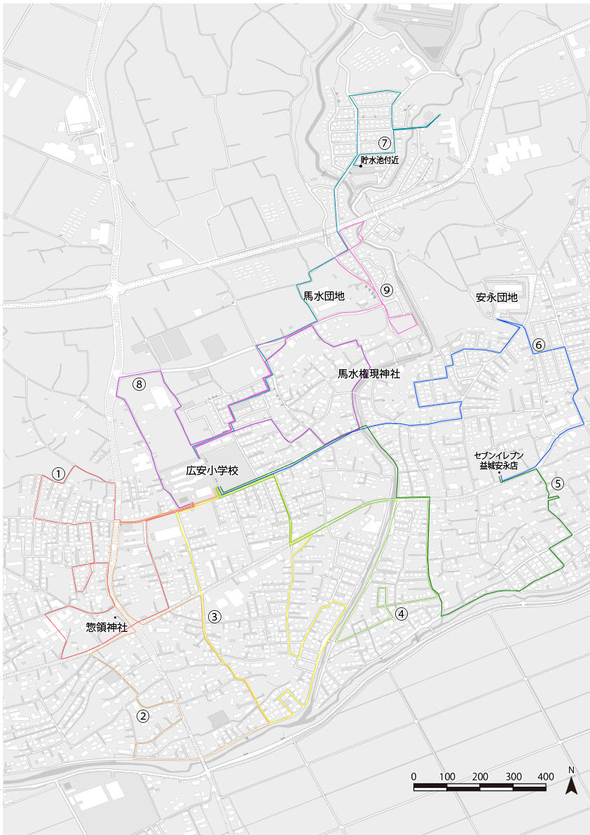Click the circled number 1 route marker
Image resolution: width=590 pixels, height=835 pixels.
(59, 474)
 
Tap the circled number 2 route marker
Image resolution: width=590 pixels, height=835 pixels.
(143, 716)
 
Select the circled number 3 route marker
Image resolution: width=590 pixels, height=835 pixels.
(214, 617)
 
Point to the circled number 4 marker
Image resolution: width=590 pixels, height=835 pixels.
(401, 614)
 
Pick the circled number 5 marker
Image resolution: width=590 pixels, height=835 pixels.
(557, 483)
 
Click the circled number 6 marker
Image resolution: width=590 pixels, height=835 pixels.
(538, 345)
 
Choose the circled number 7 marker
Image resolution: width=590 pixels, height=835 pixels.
(384, 142)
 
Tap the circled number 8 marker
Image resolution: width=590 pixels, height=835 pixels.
(139, 384)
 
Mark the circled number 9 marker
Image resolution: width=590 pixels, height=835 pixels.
(387, 289)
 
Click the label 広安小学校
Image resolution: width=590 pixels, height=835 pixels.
(212, 471)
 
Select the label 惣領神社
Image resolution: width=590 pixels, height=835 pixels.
(107, 628)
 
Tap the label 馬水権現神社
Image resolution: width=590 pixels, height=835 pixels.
(369, 374)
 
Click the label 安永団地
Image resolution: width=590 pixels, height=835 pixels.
(496, 297)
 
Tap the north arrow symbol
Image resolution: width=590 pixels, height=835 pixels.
(572, 783)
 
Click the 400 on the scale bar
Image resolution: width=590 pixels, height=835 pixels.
(545, 776)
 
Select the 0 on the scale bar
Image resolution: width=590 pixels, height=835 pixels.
(413, 776)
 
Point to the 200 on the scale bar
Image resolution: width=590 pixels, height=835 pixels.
(480, 776)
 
